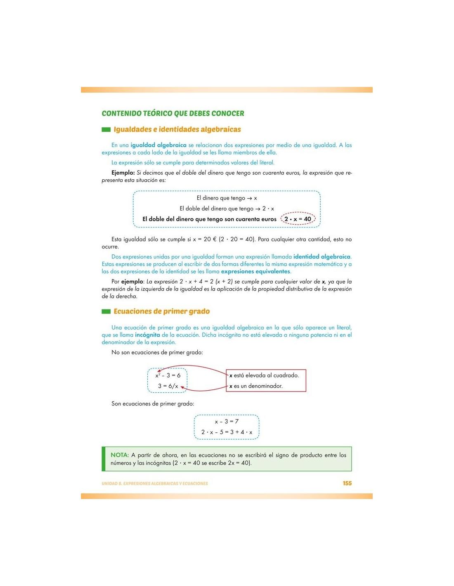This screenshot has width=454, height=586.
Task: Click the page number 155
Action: [347, 483]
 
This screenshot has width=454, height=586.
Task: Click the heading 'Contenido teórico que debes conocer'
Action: [173, 113]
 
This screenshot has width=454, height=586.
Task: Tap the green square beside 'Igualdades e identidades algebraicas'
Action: [106, 129]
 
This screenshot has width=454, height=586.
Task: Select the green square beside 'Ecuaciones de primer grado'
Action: [106, 312]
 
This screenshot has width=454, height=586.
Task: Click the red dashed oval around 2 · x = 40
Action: [298, 219]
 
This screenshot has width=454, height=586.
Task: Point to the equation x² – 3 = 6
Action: [168, 375]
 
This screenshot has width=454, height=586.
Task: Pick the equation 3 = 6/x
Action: [168, 386]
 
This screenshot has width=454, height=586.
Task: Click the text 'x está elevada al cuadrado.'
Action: [264, 375]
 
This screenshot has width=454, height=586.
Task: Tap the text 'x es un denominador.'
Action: [256, 386]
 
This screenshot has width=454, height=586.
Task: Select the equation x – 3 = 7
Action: [227, 421]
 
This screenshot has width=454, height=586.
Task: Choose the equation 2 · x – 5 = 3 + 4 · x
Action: [227, 432]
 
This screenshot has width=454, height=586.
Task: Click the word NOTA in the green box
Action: [119, 455]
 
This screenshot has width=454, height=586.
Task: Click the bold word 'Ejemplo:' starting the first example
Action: [123, 173]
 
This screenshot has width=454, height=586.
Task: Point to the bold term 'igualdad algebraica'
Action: [158, 145]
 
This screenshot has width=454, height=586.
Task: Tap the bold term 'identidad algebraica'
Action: [322, 257]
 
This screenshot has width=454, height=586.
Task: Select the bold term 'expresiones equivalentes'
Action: [255, 272]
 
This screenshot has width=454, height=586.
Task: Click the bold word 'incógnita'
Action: [147, 335]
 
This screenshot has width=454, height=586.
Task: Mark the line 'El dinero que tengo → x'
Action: [227, 198]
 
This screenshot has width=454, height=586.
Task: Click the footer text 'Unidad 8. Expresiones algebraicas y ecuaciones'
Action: [155, 483]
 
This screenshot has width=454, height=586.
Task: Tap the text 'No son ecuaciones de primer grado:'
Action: [157, 352]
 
